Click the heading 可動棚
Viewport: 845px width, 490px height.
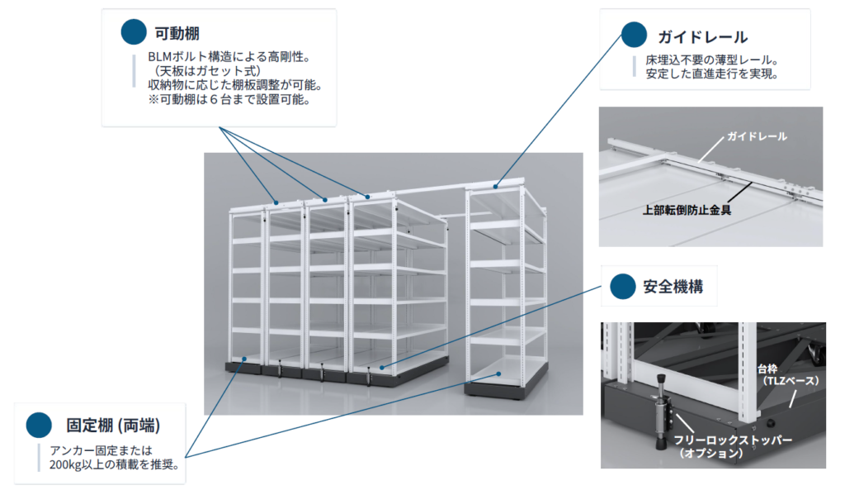[x=177, y=33]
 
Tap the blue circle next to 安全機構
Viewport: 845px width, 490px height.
[x=622, y=287]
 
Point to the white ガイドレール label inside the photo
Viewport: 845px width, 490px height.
[x=757, y=136]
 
